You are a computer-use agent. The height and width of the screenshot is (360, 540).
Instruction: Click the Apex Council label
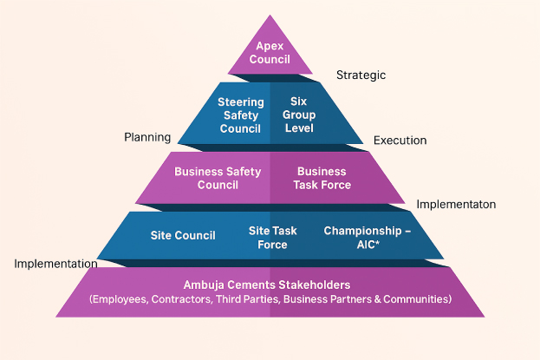[x=270, y=52]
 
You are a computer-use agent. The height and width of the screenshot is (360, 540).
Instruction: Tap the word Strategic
[x=361, y=75]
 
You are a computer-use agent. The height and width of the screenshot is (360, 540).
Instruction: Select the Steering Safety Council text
[x=240, y=115]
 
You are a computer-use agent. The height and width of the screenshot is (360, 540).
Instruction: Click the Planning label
[x=147, y=137]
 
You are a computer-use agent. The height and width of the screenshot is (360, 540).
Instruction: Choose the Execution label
[x=400, y=141]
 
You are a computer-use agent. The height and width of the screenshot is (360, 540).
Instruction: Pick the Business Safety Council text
[x=218, y=178]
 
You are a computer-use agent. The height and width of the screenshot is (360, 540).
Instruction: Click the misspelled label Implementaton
[x=456, y=205]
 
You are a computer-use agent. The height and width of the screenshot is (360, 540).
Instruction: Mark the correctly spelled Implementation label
[x=55, y=264]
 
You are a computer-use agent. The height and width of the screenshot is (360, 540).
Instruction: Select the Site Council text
[x=183, y=234]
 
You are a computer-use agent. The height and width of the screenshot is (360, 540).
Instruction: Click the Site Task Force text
[x=272, y=238]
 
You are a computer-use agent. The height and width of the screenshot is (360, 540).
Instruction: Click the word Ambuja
[x=205, y=285]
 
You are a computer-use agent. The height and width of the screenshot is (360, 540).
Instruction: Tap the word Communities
[x=417, y=299]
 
